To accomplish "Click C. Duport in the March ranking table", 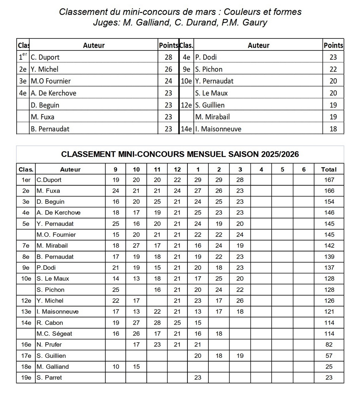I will click(x=45, y=57).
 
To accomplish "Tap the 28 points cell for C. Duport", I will click(x=168, y=57).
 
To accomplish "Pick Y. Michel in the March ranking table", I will click(x=44, y=69).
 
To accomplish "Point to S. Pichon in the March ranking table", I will click(x=209, y=69).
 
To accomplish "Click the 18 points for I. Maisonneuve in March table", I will click(x=333, y=129).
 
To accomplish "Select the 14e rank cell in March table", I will click(x=186, y=129).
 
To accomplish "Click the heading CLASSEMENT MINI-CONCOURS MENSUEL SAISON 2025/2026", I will click(x=180, y=154).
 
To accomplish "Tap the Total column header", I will click(x=328, y=169).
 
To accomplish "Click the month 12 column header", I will click(x=177, y=169).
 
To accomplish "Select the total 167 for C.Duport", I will click(x=329, y=180).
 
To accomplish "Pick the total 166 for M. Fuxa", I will click(x=329, y=191).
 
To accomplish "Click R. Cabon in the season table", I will click(x=50, y=323).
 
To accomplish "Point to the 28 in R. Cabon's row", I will click(x=157, y=323).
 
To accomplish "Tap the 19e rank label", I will click(x=26, y=377).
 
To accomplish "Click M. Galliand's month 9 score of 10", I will click(x=115, y=366).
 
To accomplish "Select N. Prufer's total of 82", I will click(x=329, y=345).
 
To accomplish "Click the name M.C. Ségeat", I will click(x=54, y=334).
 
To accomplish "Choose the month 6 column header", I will click(x=304, y=169).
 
